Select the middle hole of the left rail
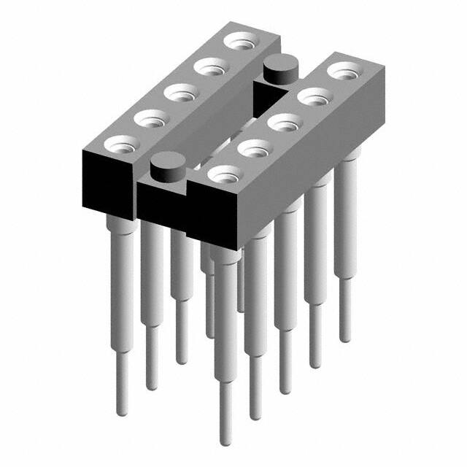[179, 92]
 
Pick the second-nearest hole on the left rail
[149, 117]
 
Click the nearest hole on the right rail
[224, 174]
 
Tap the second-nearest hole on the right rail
[254, 149]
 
